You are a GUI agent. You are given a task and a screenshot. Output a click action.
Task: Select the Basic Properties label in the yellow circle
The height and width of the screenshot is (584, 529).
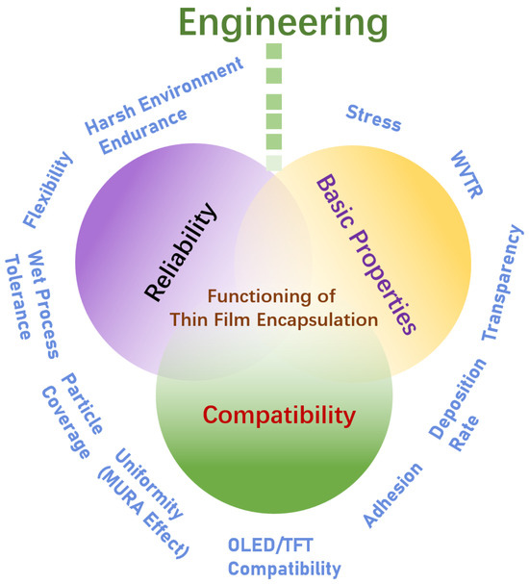click(365, 253)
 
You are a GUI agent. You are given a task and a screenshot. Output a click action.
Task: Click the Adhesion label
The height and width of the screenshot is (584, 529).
click(392, 495)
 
